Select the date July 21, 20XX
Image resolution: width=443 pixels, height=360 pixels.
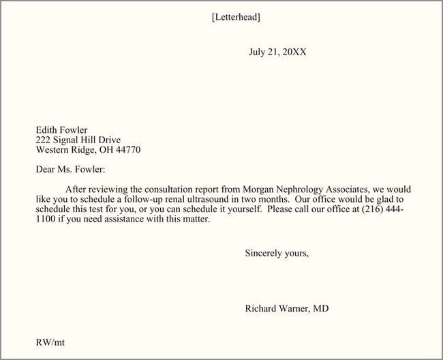tap(277, 52)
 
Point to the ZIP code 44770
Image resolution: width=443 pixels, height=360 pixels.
tap(127, 149)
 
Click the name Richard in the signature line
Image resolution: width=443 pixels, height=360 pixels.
tap(262, 309)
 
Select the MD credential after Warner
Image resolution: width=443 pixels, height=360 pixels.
tap(321, 309)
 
